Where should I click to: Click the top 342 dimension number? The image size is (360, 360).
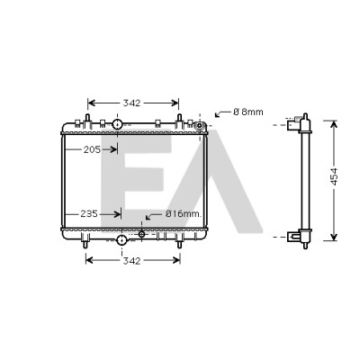coord(131,103)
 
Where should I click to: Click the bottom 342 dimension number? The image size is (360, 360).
coord(131,261)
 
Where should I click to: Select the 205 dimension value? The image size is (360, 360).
coord(92,149)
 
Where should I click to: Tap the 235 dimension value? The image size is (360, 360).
coord(89,214)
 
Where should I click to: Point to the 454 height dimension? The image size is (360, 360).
coord(334,176)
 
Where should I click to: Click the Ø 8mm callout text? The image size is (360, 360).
coord(248,112)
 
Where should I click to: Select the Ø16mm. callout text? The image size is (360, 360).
coord(183,214)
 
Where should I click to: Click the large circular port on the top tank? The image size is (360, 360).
coord(117,124)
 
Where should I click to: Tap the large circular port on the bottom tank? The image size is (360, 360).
coord(121,239)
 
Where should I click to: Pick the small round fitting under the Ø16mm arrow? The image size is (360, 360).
coord(142,234)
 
